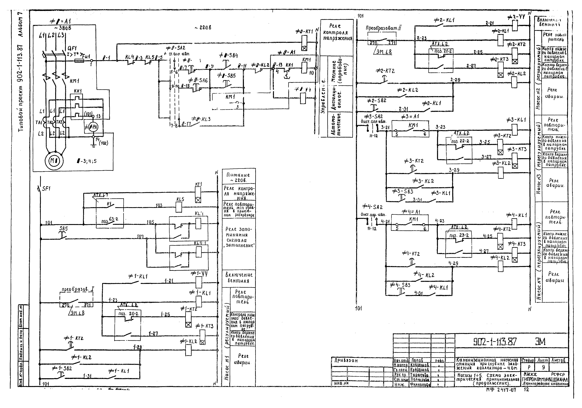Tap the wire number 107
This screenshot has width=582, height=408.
(140, 237)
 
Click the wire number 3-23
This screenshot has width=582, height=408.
(440, 127)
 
